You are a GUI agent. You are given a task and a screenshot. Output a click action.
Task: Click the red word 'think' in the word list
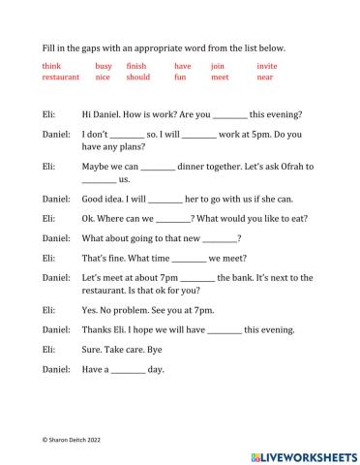pos(51,66)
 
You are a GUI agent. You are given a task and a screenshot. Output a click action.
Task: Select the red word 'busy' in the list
pos(104,66)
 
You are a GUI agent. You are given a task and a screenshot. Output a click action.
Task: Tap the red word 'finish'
pos(137,66)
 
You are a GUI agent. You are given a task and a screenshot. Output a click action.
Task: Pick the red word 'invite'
pos(267,66)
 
